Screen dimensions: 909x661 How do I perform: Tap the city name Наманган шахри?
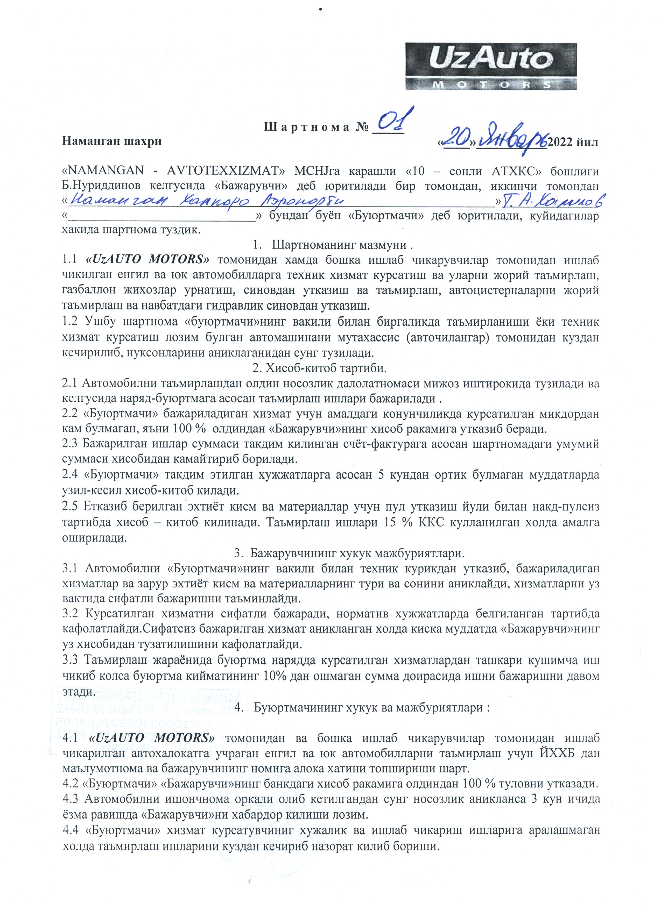pyautogui.click(x=112, y=142)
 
